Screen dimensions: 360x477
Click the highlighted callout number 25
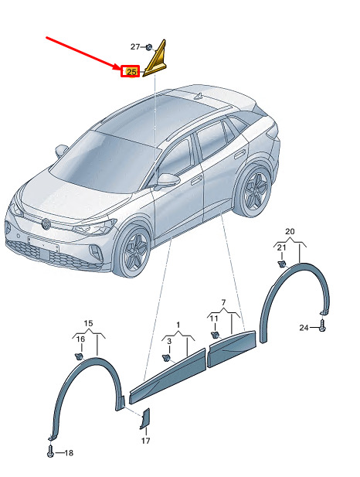131,72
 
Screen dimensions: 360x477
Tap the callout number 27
135,46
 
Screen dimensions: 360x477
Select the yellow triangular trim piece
155,58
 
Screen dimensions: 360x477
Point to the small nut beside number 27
149,47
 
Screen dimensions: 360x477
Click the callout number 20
290,231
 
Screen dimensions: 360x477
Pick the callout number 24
304,328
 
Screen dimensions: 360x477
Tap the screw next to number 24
322,325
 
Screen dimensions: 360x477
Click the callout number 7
223,302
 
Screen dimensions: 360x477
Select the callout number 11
214,319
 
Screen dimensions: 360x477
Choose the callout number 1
178,325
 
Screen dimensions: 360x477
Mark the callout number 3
169,341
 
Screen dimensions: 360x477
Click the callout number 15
88,323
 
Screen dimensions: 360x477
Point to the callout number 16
80,339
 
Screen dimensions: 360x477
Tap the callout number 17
146,440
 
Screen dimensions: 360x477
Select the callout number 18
69,453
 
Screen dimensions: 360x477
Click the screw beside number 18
50,451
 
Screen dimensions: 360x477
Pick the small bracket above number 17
145,419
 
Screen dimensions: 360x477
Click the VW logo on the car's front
46,224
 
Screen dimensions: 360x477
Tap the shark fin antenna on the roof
199,96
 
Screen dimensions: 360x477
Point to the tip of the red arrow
121,70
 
